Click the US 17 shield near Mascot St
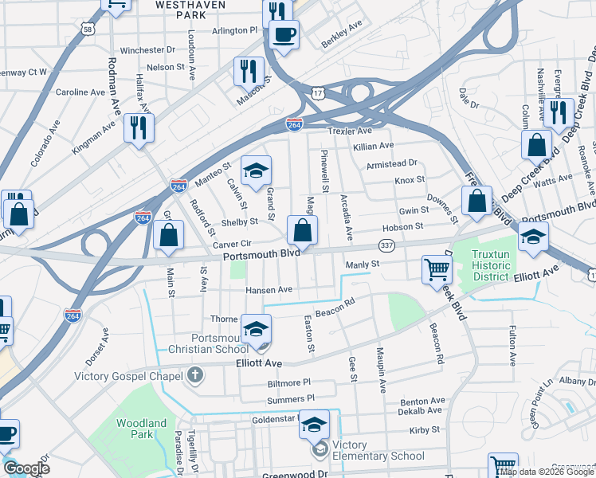click(317, 94)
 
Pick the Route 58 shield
click(87, 29)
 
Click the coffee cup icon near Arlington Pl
click(283, 33)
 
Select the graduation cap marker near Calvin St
click(256, 170)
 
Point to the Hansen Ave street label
click(269, 289)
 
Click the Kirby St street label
click(424, 430)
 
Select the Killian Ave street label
click(374, 146)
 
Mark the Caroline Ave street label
click(80, 92)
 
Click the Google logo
click(26, 468)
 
